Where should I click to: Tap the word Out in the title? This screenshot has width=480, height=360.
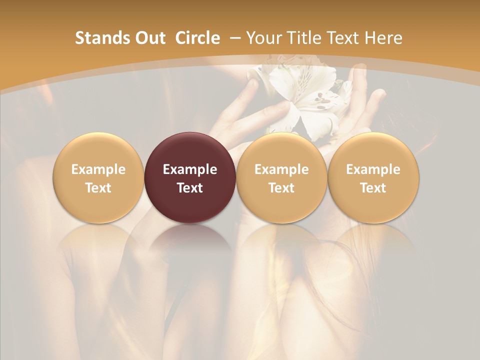[148, 38]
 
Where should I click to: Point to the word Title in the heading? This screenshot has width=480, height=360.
[306, 38]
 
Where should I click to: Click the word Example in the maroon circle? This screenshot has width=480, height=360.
[190, 169]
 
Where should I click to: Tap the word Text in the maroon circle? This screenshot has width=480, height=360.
[190, 188]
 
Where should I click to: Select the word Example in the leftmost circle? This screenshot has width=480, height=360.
[98, 169]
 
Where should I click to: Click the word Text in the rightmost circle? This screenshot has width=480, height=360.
[373, 188]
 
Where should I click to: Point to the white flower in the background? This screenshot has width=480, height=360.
[305, 97]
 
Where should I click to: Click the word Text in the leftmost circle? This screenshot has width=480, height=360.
[98, 188]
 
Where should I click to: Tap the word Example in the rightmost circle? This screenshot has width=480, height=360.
[373, 169]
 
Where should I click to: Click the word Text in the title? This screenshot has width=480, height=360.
[345, 38]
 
